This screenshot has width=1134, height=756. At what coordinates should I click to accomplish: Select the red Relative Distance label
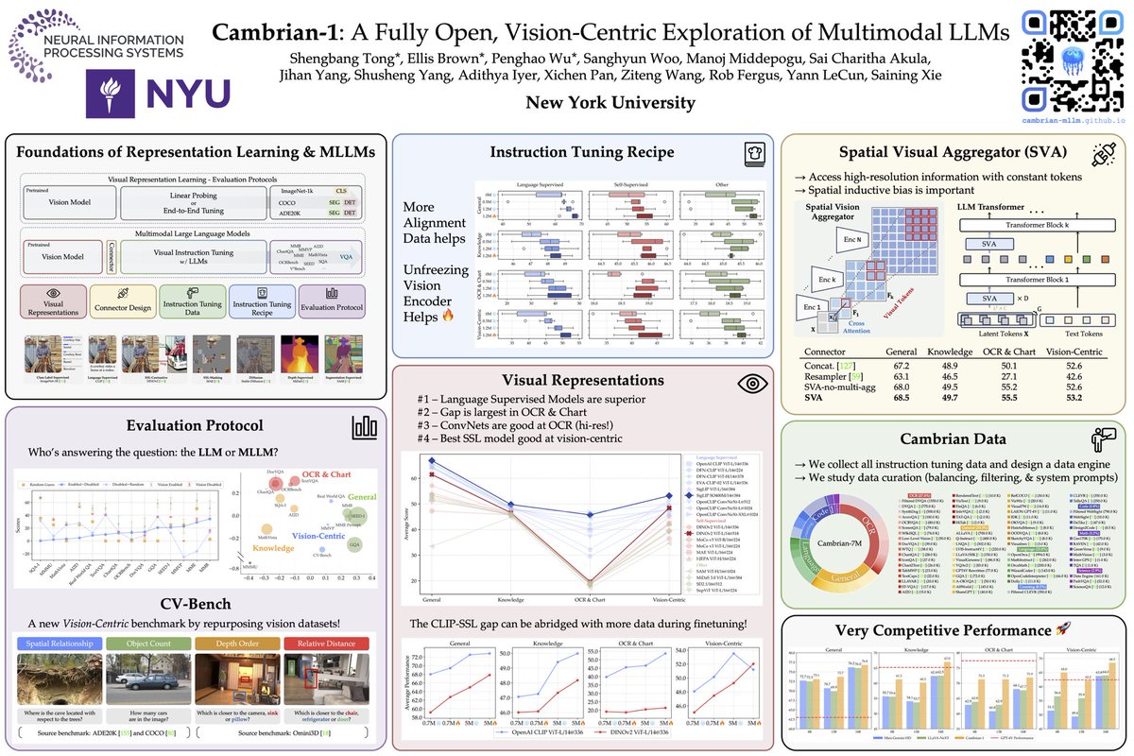tap(326, 644)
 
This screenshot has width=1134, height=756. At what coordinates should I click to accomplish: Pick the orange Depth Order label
tap(236, 644)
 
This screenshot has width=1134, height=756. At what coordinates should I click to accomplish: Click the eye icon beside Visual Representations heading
tap(752, 381)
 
